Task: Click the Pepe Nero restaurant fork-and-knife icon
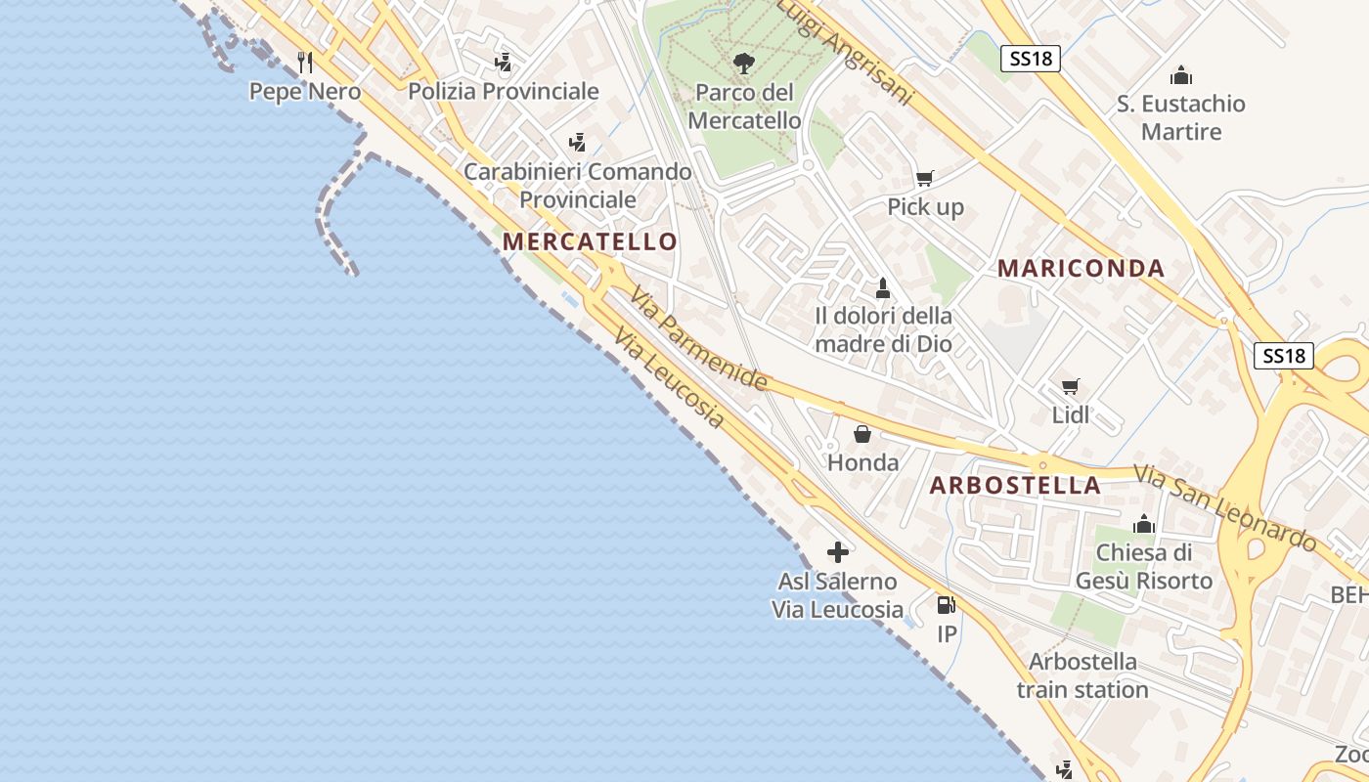click(x=305, y=63)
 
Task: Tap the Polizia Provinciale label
click(x=503, y=92)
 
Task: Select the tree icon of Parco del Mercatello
click(x=744, y=65)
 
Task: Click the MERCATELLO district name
click(x=590, y=241)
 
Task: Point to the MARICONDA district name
click(x=1081, y=269)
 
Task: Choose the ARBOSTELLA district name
click(x=1015, y=486)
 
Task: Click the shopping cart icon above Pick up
click(x=924, y=178)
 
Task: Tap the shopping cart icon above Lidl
click(x=1071, y=387)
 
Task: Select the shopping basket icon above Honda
click(x=862, y=434)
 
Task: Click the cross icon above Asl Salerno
click(x=837, y=552)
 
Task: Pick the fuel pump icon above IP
click(x=946, y=605)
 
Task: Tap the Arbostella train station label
click(x=1082, y=675)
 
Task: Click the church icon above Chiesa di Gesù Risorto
click(x=1143, y=524)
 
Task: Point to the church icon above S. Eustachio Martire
click(x=1181, y=75)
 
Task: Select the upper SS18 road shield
click(x=1031, y=59)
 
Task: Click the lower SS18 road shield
click(x=1284, y=356)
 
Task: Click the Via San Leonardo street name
click(x=1225, y=507)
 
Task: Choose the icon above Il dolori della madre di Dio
click(x=883, y=288)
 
